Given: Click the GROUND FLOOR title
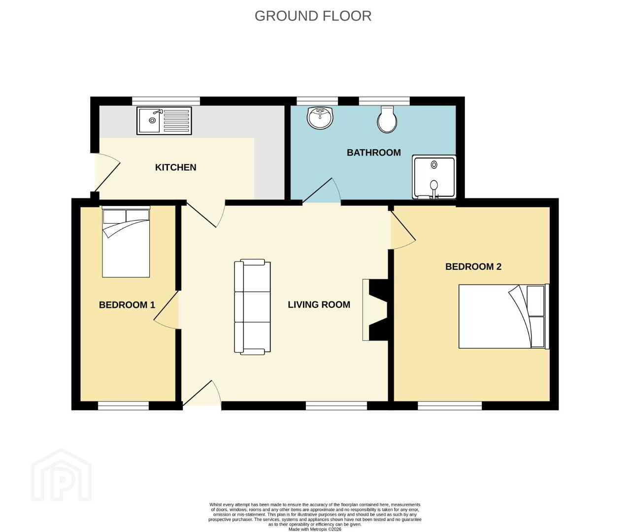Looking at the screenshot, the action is [313, 16].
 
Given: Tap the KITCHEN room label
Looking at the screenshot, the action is [176, 167].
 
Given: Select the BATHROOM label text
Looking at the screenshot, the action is [373, 152].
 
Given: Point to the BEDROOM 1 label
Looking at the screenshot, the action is [127, 305].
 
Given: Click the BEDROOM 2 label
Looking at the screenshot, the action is [473, 266].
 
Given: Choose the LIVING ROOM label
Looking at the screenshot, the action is [319, 304].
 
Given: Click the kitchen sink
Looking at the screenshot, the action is [164, 121].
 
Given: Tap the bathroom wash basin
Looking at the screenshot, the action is [321, 118].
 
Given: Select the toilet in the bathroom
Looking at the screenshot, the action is [387, 119].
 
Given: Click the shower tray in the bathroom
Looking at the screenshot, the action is [434, 177].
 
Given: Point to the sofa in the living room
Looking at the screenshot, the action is [253, 307].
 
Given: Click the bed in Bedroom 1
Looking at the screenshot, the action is [126, 242].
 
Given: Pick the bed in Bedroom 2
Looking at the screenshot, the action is [503, 316].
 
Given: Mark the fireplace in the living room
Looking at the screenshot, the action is [376, 310].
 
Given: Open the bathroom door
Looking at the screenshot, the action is [322, 191].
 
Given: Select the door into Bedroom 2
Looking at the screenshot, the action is [403, 230].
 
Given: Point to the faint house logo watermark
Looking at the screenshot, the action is [61, 475].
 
